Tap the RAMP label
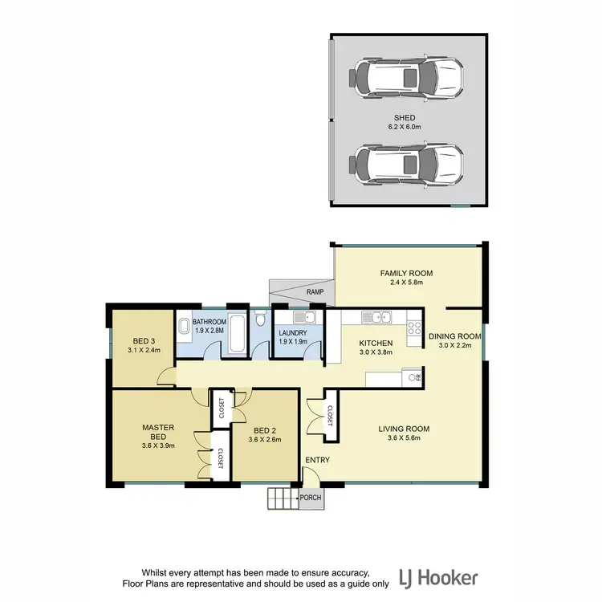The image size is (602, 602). click(x=315, y=292)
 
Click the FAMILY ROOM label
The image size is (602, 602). click(x=407, y=273)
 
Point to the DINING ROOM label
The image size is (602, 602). click(x=454, y=336)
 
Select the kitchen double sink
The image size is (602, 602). click(x=376, y=318)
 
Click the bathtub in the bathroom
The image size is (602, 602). click(x=238, y=336)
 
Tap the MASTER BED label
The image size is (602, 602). click(x=158, y=432)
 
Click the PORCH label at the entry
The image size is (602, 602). click(x=311, y=498)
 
